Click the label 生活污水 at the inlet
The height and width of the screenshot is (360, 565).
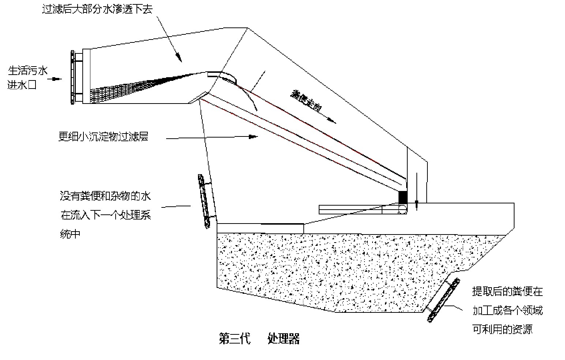pos(28,70)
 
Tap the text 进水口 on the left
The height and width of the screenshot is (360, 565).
pos(22,86)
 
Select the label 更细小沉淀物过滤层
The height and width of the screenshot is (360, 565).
pos(103,137)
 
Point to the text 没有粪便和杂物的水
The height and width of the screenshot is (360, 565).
pos(105,196)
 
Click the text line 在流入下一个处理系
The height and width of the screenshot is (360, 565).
pos(106,215)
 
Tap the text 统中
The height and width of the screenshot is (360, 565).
pos(70,234)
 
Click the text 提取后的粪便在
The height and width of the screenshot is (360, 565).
pos(507,292)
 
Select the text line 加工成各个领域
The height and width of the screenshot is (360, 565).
pos(507,311)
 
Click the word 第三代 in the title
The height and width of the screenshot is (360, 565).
pos(235,339)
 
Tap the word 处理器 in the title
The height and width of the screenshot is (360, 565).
pos(284,339)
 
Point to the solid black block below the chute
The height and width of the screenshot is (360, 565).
pos(403,198)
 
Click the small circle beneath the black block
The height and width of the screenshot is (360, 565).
pos(402,209)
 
